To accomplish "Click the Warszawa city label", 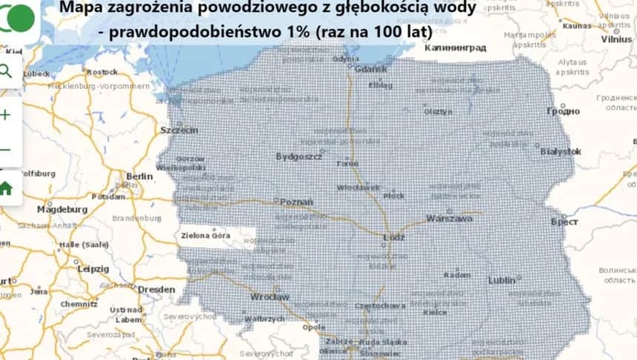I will click(450, 219).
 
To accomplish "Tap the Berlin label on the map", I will click(139, 176).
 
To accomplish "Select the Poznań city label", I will click(296, 201).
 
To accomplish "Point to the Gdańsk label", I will click(372, 69).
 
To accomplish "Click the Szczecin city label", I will click(179, 130).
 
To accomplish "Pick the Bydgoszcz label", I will click(299, 157).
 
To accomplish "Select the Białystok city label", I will click(561, 151).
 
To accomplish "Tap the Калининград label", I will click(456, 47).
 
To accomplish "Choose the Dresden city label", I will click(156, 289).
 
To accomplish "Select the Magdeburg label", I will click(62, 210).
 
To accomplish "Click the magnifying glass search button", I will click(6, 71).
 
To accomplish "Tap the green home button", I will click(6, 188).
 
